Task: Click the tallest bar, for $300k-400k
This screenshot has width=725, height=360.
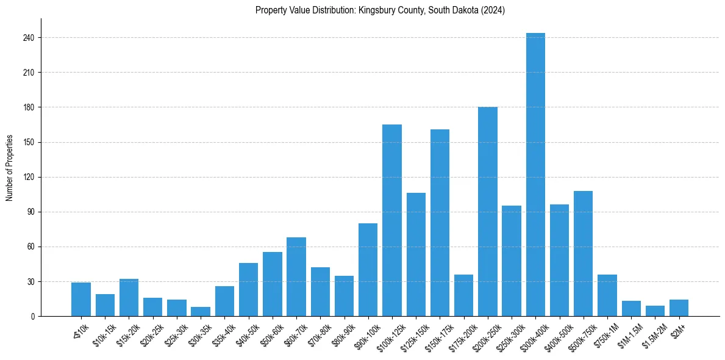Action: [x=535, y=175]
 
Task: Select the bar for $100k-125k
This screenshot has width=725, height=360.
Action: [x=392, y=220]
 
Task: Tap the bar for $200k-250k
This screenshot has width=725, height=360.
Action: [x=488, y=212]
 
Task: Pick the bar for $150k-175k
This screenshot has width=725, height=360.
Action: [x=440, y=223]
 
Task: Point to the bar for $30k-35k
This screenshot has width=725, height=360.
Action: [x=201, y=312]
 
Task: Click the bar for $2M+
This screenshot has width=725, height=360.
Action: [x=679, y=308]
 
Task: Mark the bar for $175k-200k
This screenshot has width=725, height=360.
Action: [x=464, y=295]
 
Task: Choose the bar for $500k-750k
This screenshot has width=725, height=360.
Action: [x=584, y=253]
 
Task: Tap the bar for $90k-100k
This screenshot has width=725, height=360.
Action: [x=368, y=270]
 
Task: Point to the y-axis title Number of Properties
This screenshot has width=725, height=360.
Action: [x=10, y=167]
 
